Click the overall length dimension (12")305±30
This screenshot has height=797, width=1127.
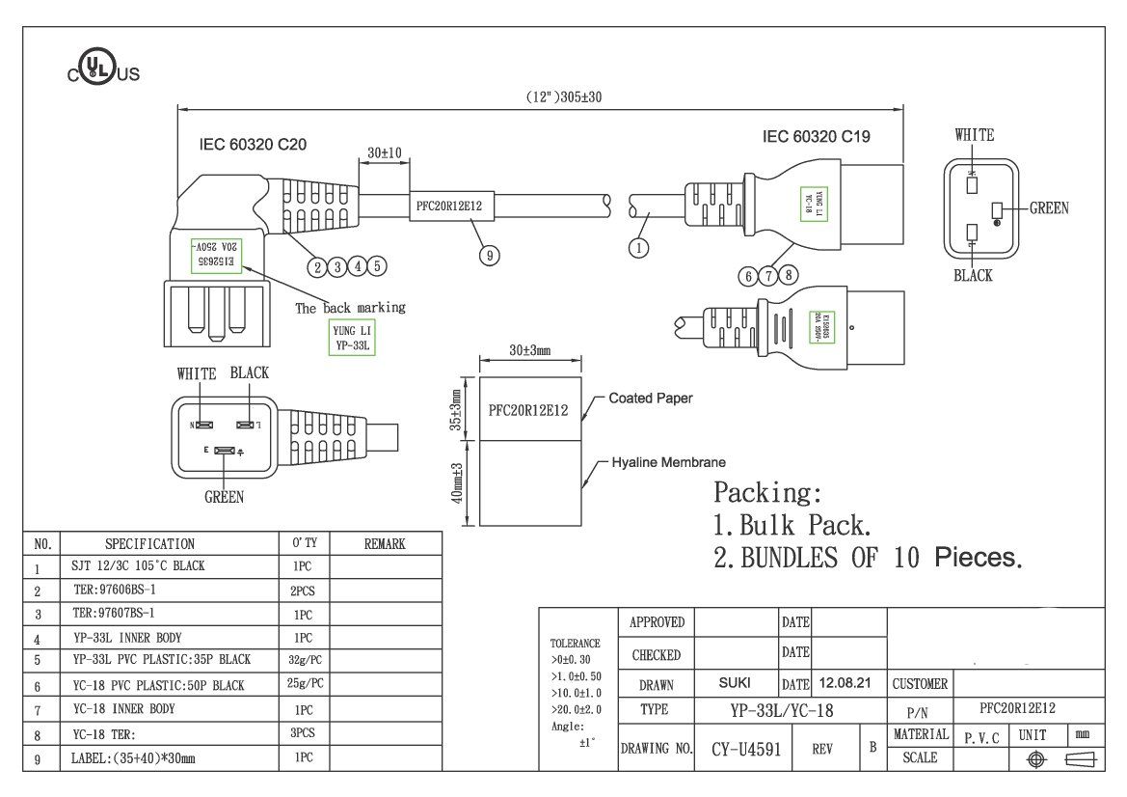click(563, 96)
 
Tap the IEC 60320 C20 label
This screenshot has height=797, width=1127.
click(253, 144)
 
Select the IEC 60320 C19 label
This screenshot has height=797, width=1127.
click(816, 137)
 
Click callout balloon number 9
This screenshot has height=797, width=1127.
click(490, 255)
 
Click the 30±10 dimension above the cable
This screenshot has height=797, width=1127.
click(385, 152)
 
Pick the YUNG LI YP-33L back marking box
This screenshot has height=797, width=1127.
click(348, 337)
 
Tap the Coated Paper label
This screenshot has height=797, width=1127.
click(650, 398)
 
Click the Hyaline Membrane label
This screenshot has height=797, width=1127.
click(668, 462)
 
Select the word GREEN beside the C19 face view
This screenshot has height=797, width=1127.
click(1049, 207)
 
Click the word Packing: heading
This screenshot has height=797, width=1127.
click(767, 492)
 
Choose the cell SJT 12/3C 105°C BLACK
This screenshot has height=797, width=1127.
click(138, 566)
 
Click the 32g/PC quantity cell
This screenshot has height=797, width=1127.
click(304, 660)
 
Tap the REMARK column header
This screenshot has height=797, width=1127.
click(385, 544)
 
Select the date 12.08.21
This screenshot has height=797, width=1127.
click(845, 683)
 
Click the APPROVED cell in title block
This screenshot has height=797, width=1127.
click(656, 622)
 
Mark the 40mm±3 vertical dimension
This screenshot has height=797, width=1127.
click(458, 482)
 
